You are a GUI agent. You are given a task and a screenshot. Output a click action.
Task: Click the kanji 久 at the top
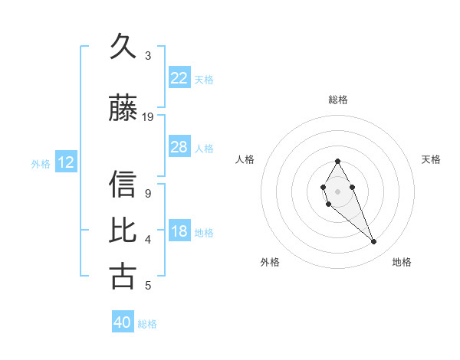coord(123,48)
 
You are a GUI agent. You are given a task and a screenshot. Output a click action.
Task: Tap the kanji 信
coord(123,185)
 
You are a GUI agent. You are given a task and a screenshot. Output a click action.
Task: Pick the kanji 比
coord(123,231)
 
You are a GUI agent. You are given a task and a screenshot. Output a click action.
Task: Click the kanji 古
coord(123,276)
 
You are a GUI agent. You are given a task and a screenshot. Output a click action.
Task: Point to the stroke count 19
coord(148,117)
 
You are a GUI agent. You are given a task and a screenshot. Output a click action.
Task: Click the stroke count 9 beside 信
coord(148,194)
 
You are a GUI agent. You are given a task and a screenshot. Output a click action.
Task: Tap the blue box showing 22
coord(179,78)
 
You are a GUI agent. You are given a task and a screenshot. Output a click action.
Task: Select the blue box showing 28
coord(179,147)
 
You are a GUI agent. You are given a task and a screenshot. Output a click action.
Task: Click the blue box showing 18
coord(179,232)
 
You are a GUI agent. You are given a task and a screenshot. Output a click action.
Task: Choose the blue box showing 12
coord(65,162)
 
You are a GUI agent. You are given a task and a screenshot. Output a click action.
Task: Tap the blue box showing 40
coord(123,323)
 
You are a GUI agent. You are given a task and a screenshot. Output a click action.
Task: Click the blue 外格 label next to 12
coord(41,163)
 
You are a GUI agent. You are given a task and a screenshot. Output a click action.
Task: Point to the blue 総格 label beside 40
coord(147,324)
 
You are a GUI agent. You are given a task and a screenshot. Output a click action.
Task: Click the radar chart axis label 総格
coord(337,100)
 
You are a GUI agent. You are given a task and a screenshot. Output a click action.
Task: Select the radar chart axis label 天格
coord(431,159)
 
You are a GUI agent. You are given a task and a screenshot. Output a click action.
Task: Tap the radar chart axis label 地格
coord(402,262)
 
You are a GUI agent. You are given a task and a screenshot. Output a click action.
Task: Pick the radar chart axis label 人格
coord(245,159)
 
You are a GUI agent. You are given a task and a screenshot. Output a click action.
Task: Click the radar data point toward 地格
coord(374,242)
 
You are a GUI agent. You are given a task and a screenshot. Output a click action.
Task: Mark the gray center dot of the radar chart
coord(337,190)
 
